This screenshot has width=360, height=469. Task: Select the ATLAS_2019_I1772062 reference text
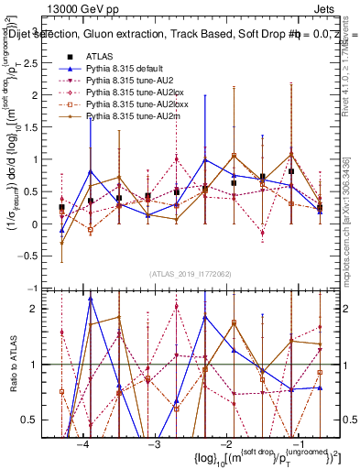click(x=190, y=274)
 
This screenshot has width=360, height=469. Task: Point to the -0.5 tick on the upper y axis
click(x=43, y=256)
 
